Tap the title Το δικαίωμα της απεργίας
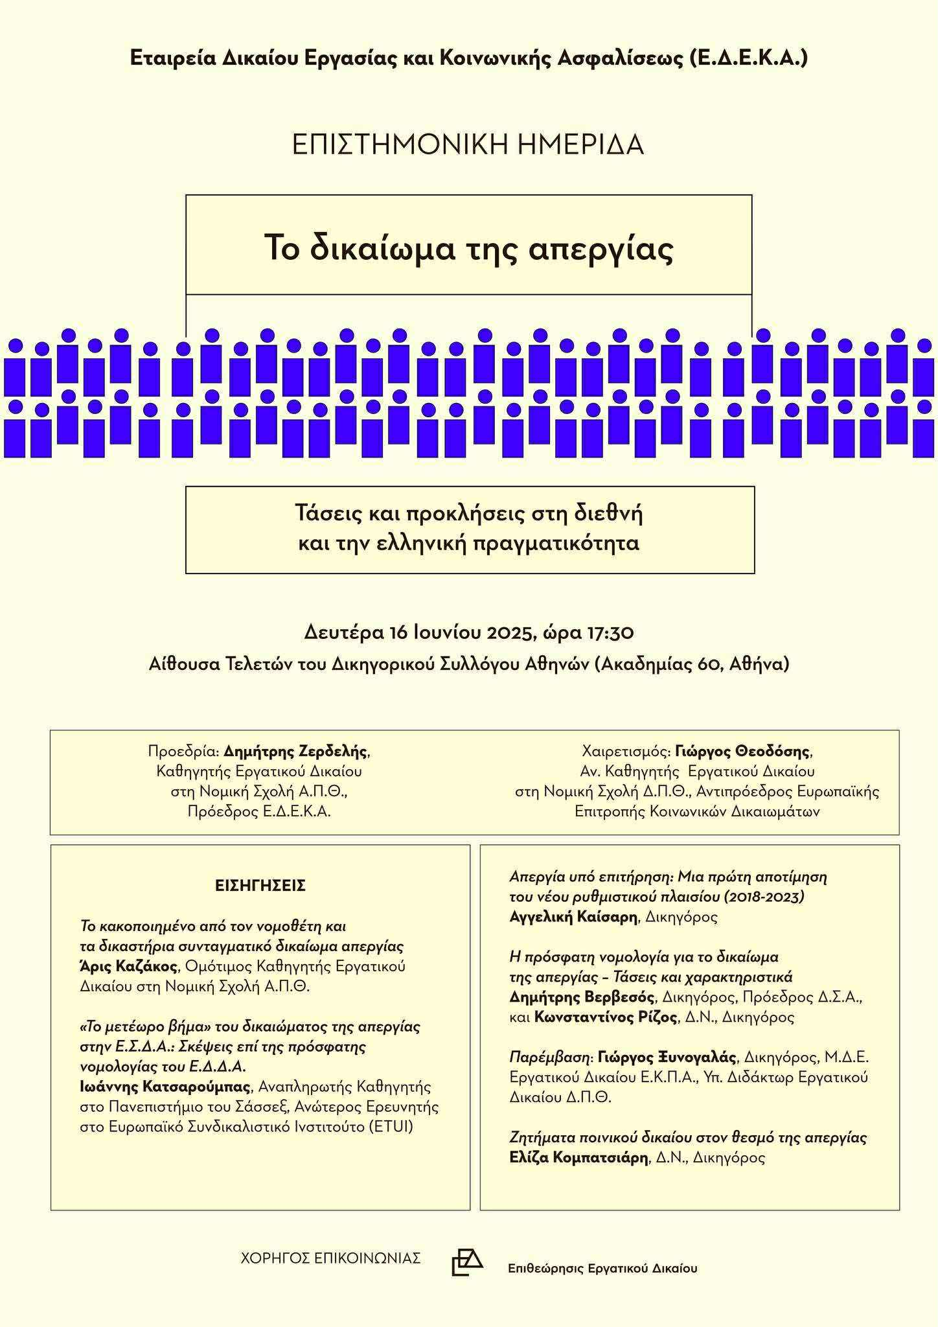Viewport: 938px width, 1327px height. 469,248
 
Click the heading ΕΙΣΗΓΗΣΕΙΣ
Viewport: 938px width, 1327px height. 260,886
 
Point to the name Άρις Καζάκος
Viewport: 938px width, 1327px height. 128,966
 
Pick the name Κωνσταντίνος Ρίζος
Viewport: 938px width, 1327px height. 606,1017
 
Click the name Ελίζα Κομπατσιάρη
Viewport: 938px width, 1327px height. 579,1157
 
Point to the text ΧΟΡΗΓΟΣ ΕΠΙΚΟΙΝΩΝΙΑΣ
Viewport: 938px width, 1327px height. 330,1258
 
